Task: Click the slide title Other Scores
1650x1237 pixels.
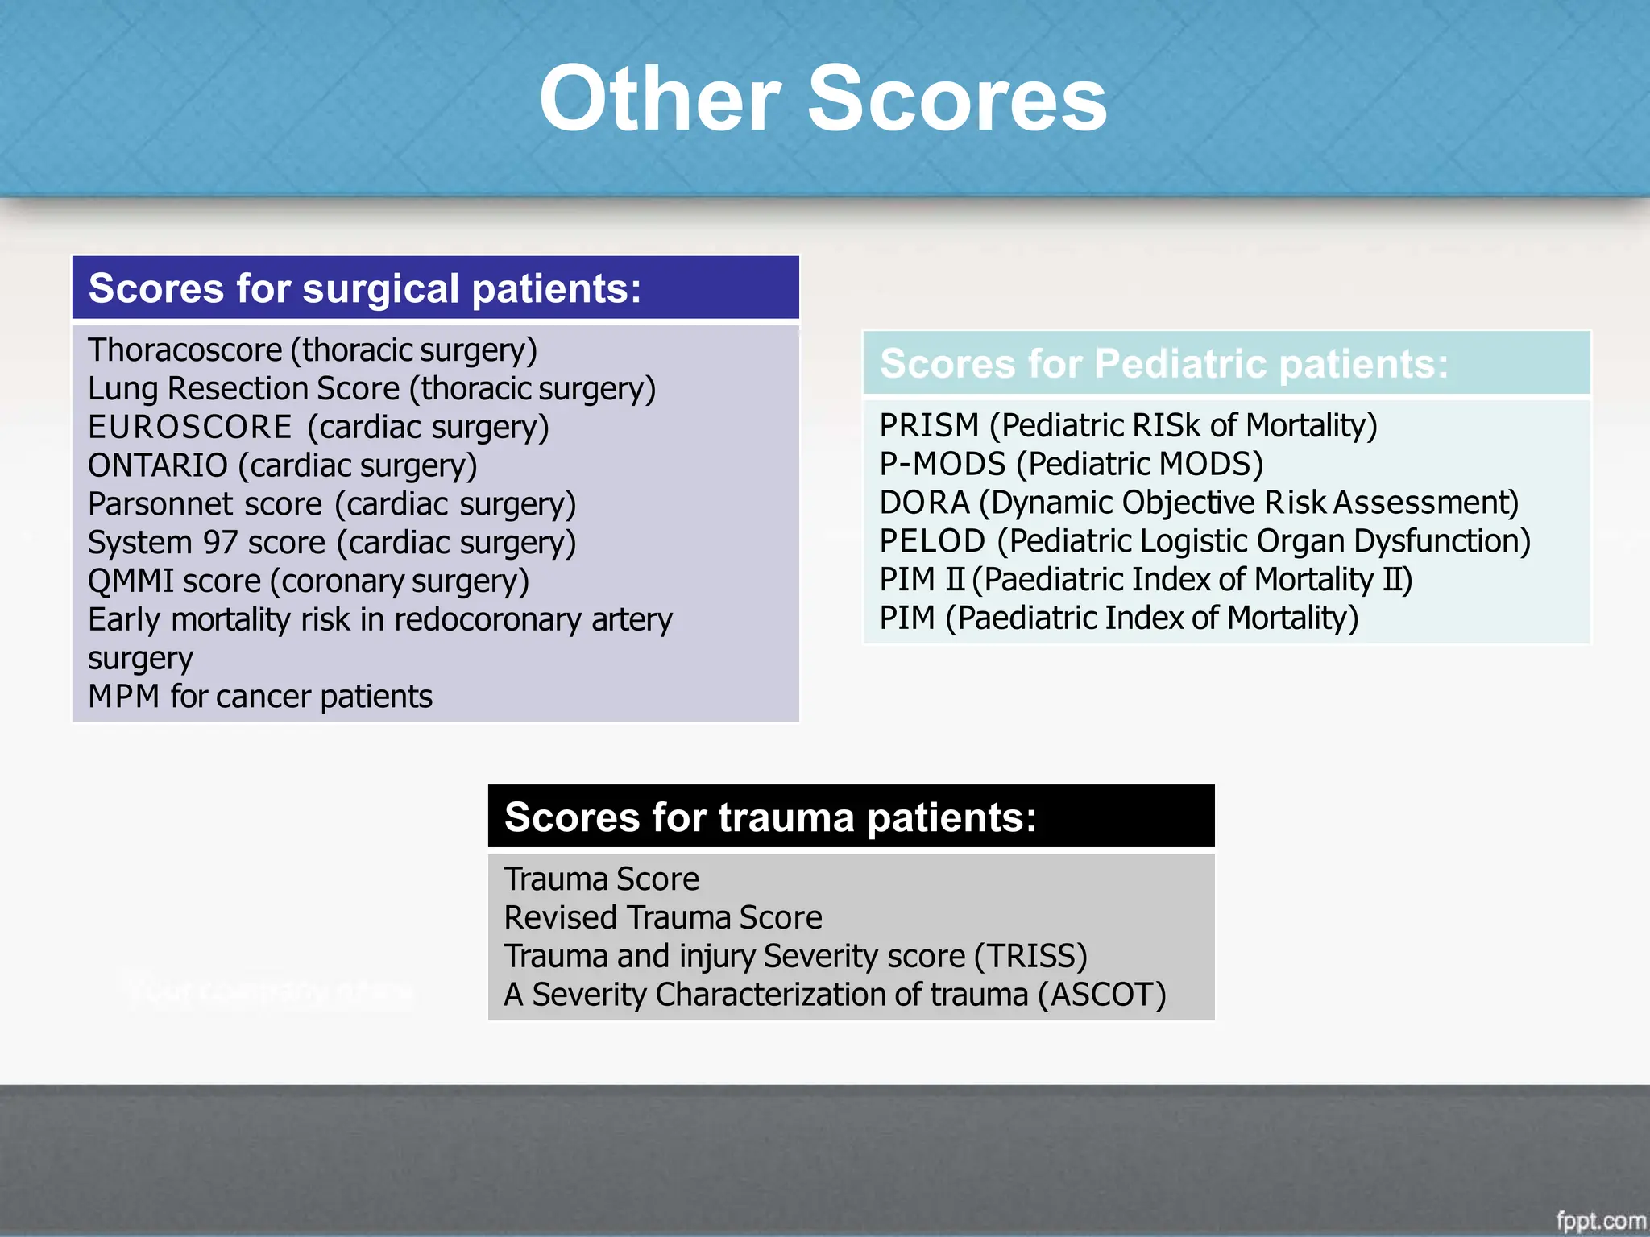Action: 823,99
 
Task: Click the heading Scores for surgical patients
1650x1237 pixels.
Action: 364,288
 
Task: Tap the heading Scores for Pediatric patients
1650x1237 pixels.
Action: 1163,363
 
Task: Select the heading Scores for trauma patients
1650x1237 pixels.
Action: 769,817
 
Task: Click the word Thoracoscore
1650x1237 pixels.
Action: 184,350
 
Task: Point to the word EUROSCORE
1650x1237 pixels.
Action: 189,427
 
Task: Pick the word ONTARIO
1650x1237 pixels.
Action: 158,465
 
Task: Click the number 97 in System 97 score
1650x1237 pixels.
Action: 219,543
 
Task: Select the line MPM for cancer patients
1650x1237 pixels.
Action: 259,697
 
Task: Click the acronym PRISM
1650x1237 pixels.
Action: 928,425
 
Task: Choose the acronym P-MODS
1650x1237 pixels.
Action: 942,464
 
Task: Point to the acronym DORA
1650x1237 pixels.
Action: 924,503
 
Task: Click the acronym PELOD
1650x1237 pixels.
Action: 931,541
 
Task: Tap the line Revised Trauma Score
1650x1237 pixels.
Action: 662,918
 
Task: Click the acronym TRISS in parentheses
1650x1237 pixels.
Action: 1030,957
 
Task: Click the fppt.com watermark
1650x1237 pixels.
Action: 1600,1221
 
